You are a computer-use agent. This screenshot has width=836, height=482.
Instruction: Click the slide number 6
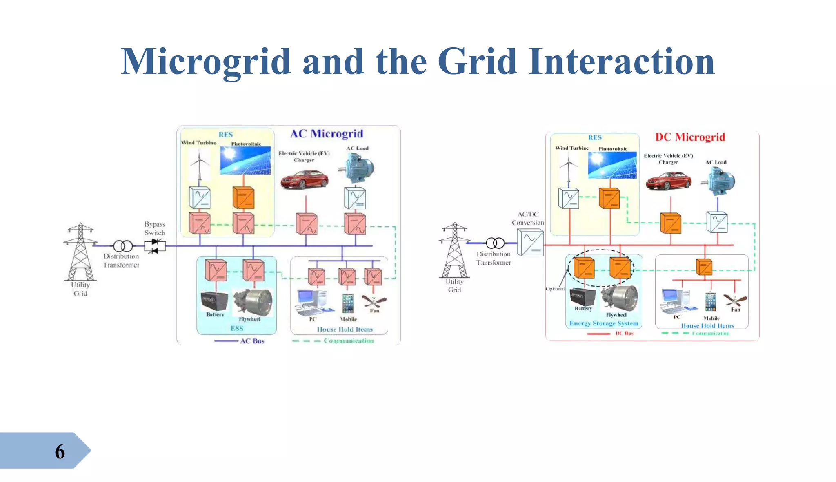point(60,451)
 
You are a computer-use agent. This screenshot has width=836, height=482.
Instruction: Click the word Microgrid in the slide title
point(206,62)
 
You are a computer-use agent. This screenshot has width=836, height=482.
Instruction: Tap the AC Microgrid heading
point(327,134)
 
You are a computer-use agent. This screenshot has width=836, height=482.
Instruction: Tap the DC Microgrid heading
point(690,137)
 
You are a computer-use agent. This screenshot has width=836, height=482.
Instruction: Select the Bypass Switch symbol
point(155,246)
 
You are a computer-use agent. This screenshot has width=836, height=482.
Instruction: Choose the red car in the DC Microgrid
point(668,181)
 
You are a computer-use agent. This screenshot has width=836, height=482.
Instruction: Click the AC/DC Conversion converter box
point(530,242)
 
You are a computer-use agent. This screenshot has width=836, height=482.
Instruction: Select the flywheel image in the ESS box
point(253,302)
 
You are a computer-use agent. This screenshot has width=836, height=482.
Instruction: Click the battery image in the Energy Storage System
point(583,296)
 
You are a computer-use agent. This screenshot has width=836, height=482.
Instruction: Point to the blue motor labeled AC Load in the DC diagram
point(720,182)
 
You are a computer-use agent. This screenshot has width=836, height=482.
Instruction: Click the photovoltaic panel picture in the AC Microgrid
point(245,160)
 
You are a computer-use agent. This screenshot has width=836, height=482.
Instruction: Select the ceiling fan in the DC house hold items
point(735,301)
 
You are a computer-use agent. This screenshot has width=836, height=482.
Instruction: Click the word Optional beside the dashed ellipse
point(555,289)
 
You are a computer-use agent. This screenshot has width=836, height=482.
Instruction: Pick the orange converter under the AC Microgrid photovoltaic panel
point(243,198)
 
